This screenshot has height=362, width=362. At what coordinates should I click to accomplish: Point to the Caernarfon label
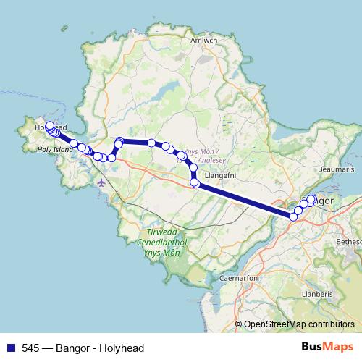click(x=236, y=277)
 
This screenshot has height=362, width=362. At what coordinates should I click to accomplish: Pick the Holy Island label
click(x=56, y=150)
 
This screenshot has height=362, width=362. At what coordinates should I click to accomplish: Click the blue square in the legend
click(x=8, y=348)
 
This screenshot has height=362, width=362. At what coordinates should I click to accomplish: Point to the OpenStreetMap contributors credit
click(x=299, y=325)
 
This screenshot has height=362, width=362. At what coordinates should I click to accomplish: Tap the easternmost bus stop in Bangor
click(x=311, y=199)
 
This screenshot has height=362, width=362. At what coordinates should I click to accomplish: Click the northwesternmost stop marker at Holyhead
click(x=50, y=126)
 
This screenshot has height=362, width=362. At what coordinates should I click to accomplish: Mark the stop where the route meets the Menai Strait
click(x=294, y=216)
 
